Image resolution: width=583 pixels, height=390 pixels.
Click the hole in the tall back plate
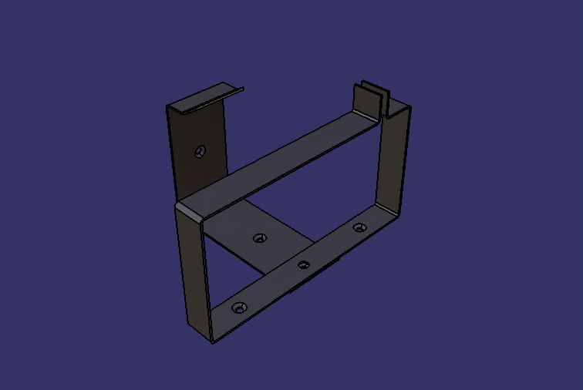[201, 150]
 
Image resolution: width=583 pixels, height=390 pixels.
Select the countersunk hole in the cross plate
[261, 237]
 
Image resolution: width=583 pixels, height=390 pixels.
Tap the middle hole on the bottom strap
[304, 264]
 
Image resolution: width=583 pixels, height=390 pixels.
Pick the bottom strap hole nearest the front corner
[238, 308]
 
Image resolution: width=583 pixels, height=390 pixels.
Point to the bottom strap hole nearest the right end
[359, 227]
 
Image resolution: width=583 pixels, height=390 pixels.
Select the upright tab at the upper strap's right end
[366, 99]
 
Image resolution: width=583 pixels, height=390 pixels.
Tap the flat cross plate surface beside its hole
[239, 227]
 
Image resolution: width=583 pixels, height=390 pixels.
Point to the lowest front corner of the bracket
[214, 340]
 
